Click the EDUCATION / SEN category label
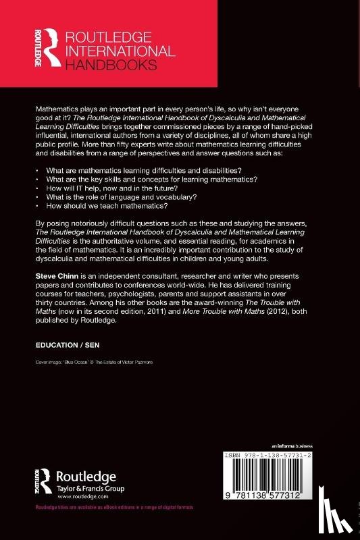[67, 344]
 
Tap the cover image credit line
[98, 362]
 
